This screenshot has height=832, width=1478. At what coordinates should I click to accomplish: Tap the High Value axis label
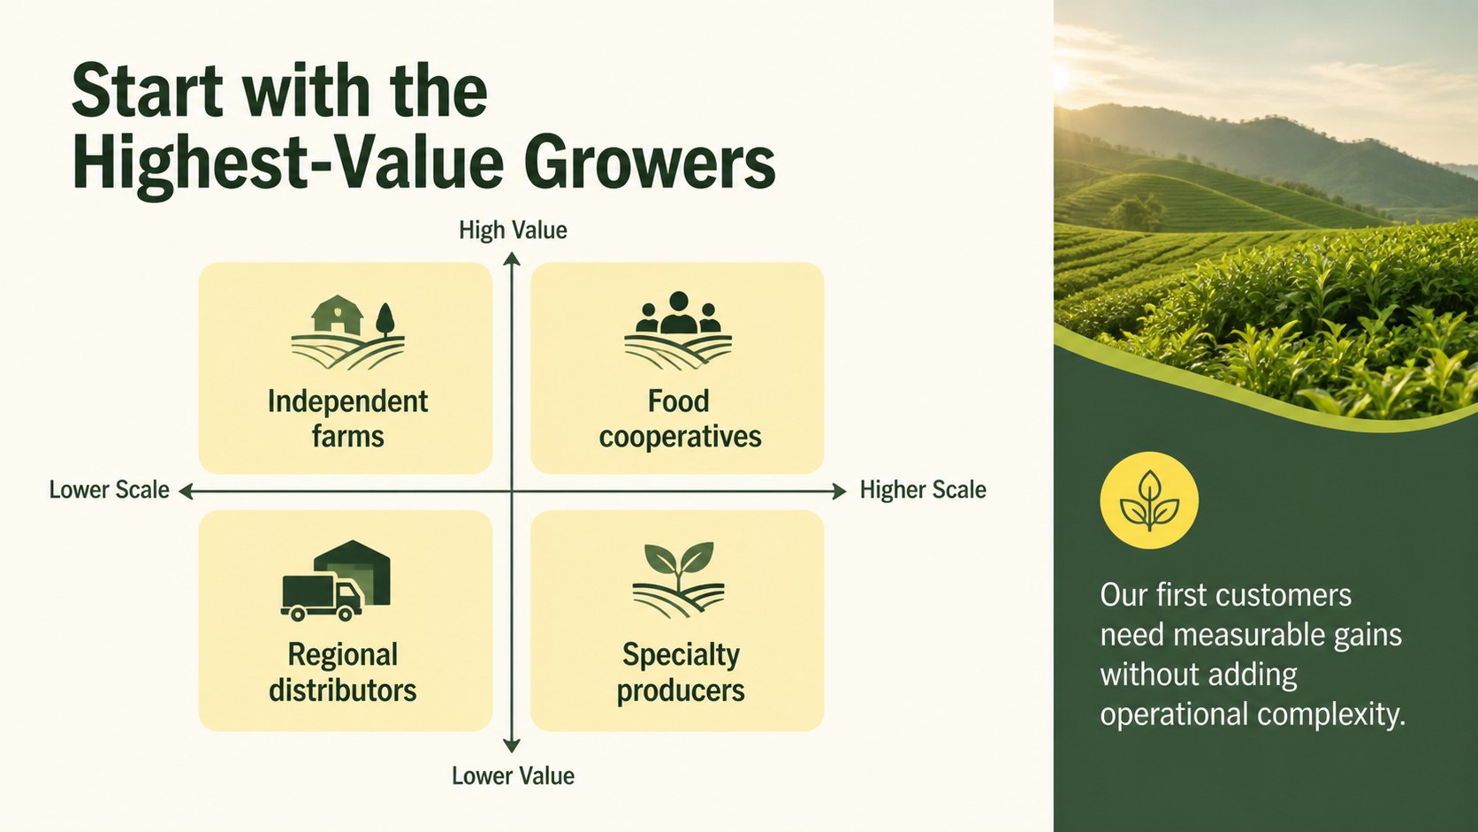coord(513,230)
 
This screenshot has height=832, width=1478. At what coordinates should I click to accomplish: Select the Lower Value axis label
coord(513,776)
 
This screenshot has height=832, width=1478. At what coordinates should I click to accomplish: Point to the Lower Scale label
coord(109,490)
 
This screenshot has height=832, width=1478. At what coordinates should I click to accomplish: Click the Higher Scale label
coord(923,490)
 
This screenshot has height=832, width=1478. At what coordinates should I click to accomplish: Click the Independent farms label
coord(347,419)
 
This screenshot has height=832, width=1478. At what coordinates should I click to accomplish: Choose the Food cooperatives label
coord(680,419)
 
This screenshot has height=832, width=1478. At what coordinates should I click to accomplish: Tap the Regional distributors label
coord(342,672)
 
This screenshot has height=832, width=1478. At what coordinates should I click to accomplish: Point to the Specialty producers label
coord(681,673)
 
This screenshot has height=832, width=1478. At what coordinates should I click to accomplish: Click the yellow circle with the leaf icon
coord(1149,500)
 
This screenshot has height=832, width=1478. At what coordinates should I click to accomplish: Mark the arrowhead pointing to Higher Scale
coord(839,491)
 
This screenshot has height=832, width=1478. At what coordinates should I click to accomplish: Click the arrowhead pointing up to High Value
coord(512,259)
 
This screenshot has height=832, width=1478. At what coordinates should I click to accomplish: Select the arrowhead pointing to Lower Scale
coord(186,491)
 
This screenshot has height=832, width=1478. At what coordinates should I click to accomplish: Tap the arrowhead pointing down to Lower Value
coord(512,745)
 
